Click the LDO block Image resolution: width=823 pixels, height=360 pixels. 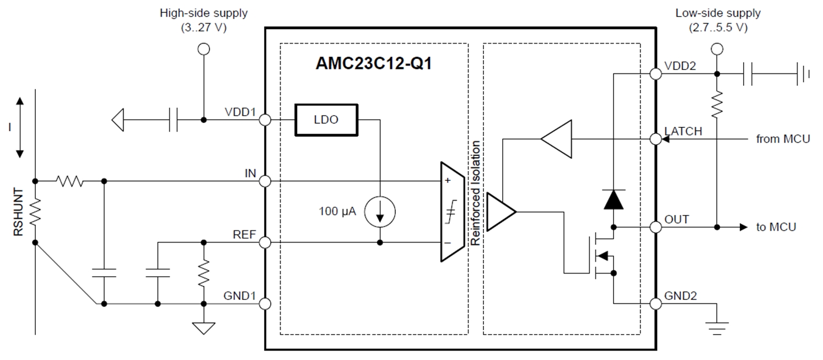coord(325,120)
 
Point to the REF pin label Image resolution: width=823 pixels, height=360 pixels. coord(245,234)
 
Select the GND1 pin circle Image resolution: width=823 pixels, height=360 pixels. coord(265,304)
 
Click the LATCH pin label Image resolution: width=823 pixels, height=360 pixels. coord(684,131)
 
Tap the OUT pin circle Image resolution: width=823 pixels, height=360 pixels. coord(656,227)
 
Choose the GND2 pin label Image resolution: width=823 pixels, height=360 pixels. coord(681,296)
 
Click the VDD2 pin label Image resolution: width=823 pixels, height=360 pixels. coord(680,66)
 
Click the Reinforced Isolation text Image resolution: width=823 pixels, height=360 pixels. coord(475,193)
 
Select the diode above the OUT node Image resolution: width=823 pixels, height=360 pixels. coord(613,199)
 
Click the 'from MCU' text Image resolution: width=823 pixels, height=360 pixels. coord(783,139)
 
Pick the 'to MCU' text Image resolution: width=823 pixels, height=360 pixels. coord(776,227)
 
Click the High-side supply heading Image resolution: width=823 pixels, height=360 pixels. coord(203,13)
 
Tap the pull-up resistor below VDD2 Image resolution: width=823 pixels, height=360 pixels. coord(717,104)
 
